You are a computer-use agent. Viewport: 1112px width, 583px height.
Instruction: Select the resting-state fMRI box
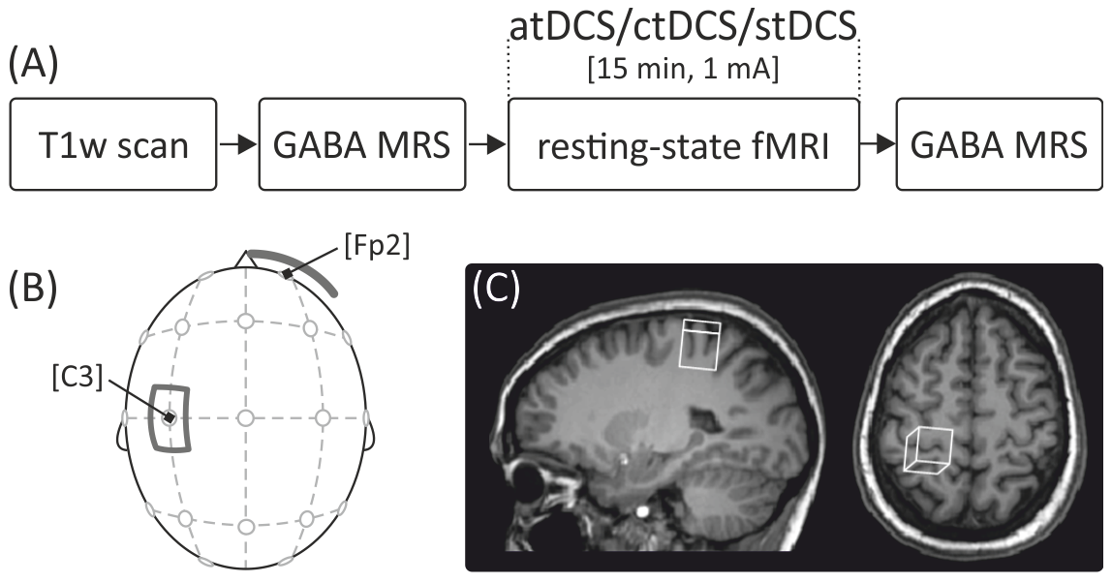tap(683, 143)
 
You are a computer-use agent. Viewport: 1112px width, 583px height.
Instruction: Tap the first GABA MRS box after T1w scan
tap(360, 143)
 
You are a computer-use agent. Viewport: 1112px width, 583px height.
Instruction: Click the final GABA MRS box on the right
tap(998, 143)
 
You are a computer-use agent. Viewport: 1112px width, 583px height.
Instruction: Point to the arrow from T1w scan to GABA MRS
tap(236, 143)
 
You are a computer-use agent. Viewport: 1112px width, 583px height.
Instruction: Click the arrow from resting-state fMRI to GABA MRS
tap(878, 143)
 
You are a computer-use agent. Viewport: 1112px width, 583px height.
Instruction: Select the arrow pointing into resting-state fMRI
tap(486, 143)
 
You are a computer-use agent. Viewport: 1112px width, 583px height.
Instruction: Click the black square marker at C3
tap(170, 417)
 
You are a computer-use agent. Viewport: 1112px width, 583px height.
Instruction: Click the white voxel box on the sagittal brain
tap(700, 345)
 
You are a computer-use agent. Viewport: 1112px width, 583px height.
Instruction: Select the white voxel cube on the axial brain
tap(929, 450)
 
